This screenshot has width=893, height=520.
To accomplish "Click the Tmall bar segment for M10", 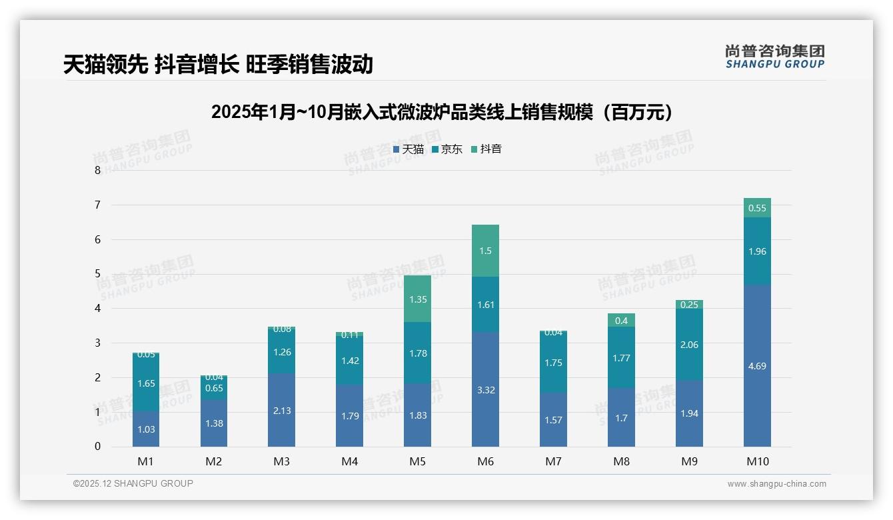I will pos(757,365).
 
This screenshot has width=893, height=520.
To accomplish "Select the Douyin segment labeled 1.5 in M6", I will pos(485,251).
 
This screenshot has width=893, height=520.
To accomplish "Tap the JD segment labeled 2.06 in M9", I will pos(689,344).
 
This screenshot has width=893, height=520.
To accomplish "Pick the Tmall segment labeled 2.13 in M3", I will pos(281,410).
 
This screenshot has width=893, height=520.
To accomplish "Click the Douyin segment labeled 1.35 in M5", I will pos(417,299).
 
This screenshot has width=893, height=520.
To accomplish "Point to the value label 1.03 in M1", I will pos(146,429).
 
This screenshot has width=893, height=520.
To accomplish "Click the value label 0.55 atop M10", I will pos(757,208).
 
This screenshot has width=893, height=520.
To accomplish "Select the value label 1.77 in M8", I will pos(621,358).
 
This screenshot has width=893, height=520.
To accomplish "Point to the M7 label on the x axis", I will pos(553,461).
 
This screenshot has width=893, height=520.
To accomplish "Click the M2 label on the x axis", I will pos(213,461).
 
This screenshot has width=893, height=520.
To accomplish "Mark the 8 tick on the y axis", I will pos(97,170).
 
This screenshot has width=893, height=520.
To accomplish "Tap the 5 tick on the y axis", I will pos(97,274).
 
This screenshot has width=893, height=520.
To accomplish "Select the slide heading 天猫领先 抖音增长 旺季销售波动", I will pos(218,65).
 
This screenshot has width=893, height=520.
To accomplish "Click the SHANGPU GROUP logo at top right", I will pos(774,57).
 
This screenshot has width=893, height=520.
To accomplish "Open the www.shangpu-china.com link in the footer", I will pos(776,484).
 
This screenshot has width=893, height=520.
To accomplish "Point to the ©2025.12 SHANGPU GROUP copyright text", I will pos(133,483).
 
